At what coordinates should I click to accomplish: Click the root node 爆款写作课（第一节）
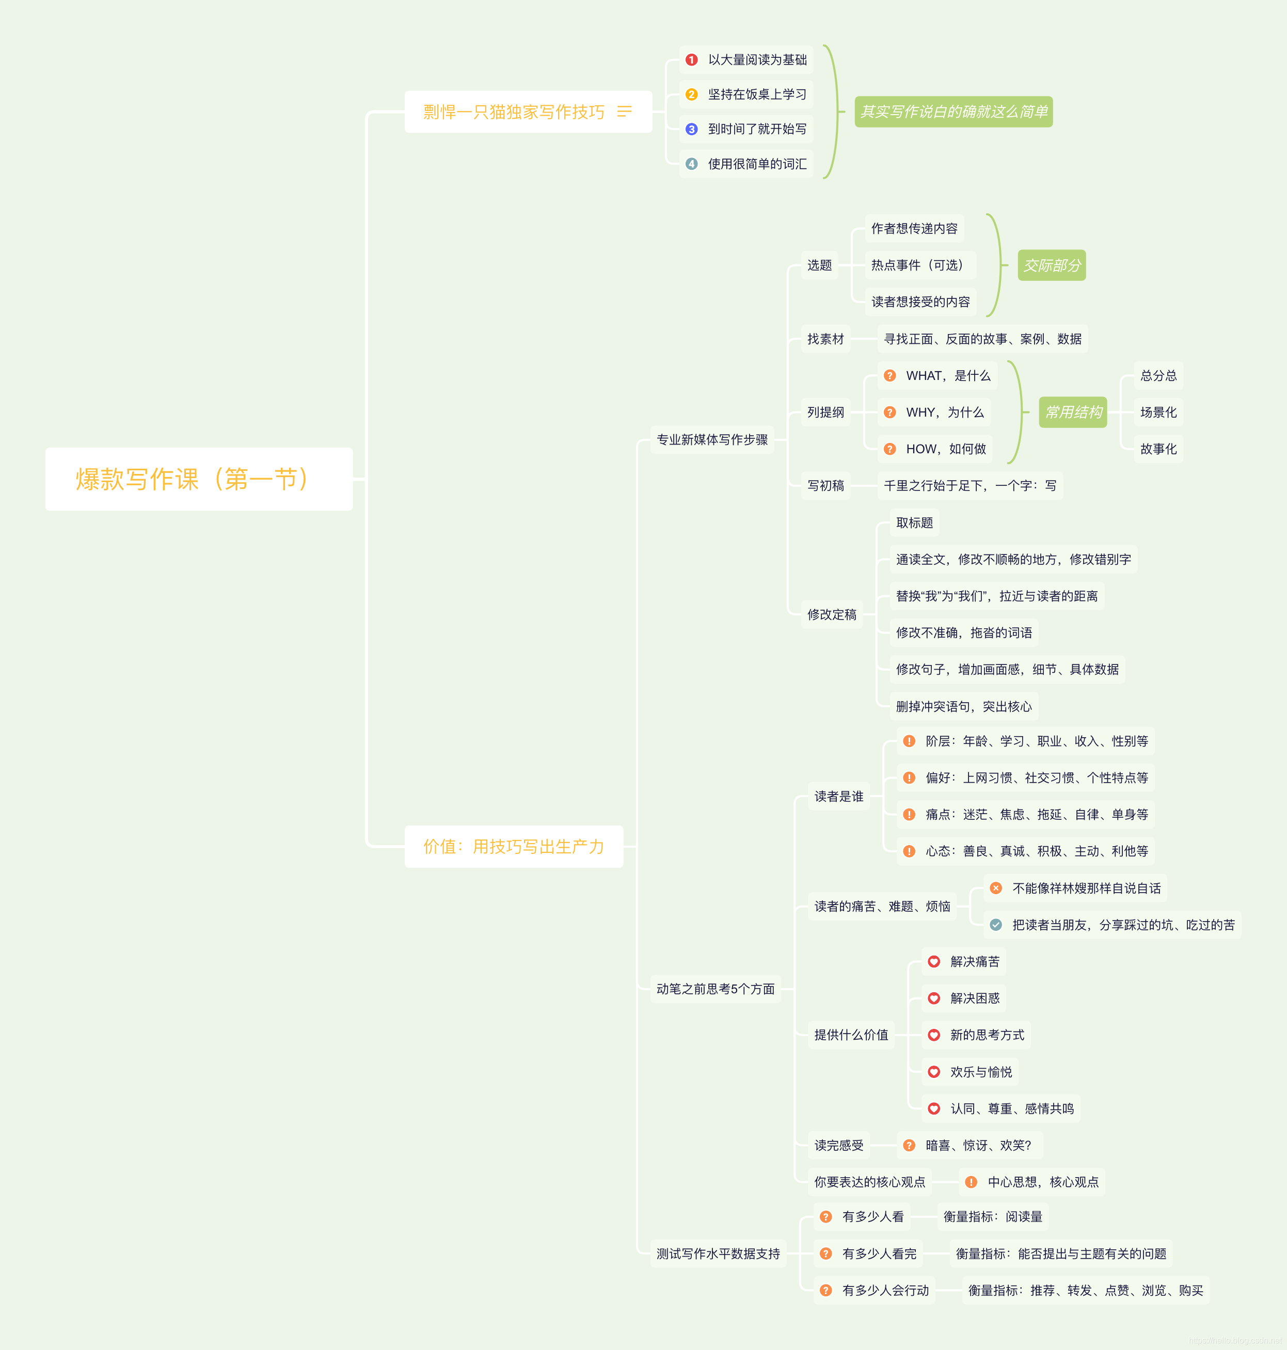click(x=199, y=479)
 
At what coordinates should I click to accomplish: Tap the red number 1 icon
click(x=692, y=60)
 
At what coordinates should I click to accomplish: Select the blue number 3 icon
click(x=692, y=129)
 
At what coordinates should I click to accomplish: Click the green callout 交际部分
click(x=1052, y=265)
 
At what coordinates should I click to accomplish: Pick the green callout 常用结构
click(x=1073, y=412)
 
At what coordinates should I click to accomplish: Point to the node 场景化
click(x=1158, y=412)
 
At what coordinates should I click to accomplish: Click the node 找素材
click(x=825, y=339)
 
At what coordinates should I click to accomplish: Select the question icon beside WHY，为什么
click(x=890, y=412)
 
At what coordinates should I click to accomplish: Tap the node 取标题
click(x=914, y=523)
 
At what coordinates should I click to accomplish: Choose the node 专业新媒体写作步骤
click(x=712, y=440)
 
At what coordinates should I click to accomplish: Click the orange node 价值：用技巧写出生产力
click(x=514, y=847)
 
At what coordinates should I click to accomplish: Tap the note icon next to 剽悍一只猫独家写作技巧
click(x=624, y=111)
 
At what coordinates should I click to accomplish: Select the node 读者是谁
click(x=838, y=797)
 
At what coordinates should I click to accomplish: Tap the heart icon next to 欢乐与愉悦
click(x=934, y=1072)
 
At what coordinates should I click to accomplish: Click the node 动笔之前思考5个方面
click(x=716, y=989)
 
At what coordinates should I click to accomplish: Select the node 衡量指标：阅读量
click(x=993, y=1217)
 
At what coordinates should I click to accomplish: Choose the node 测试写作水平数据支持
click(x=718, y=1254)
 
